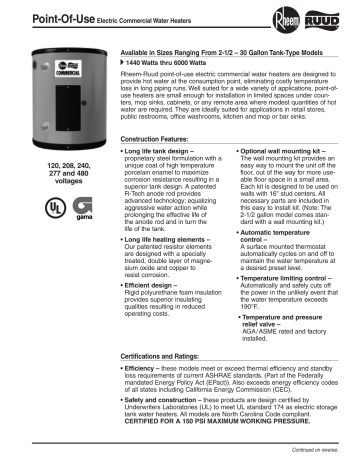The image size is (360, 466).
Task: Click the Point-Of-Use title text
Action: tap(37, 12)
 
